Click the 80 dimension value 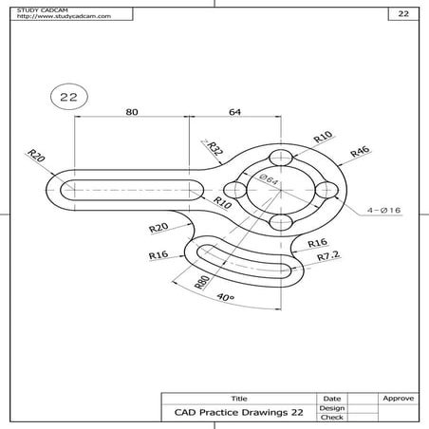click(132, 112)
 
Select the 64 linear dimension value click(234, 112)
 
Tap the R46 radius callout click(359, 151)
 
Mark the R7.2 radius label click(328, 256)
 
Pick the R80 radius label click(201, 281)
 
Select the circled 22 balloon click(67, 97)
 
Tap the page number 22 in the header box click(402, 14)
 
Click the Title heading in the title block click(238, 398)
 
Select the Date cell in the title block click(332, 398)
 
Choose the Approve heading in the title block click(397, 398)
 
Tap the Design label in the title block click(332, 407)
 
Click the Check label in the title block click(332, 417)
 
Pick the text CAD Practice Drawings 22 click(238, 413)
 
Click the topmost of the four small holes click(279, 158)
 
